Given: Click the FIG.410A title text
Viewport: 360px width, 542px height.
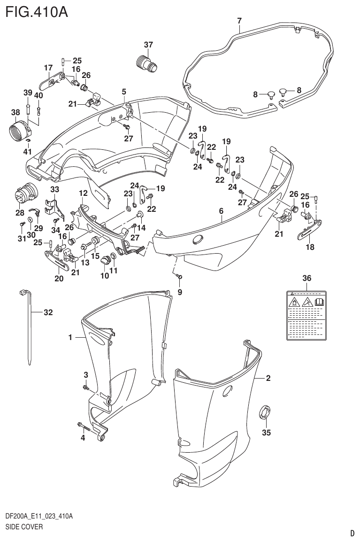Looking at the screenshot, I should tap(37, 11).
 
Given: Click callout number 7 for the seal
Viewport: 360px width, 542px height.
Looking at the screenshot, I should tap(239, 21).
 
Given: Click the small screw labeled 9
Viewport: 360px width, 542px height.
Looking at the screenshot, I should tap(179, 278).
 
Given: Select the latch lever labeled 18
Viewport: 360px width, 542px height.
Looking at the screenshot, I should tap(310, 229).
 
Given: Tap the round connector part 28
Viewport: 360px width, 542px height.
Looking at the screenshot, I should tap(27, 194).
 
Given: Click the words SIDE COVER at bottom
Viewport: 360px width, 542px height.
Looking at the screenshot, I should tap(24, 527).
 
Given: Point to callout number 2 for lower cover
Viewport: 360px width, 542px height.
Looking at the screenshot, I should tap(268, 378).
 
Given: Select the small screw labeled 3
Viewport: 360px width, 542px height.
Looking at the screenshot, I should tap(86, 387).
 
